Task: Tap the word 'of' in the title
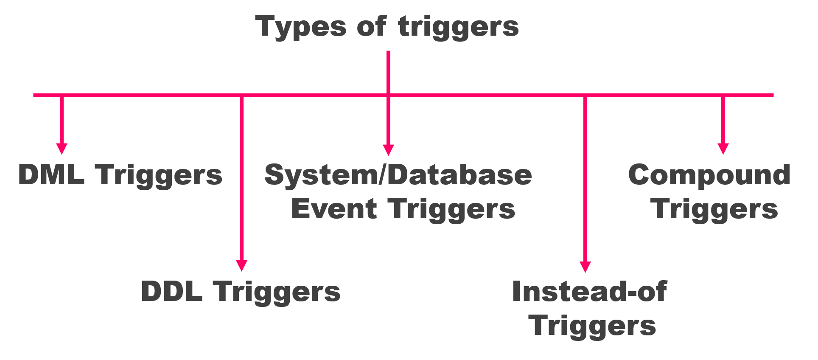pos(371,26)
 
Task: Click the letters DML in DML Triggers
pos(51,174)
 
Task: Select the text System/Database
pos(398,175)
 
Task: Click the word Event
pos(334,209)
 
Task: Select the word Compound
pos(709,175)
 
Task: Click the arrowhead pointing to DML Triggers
pos(62,149)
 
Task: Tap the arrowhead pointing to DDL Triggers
pos(241,265)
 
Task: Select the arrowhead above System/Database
pos(388,150)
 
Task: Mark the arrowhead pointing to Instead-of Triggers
pos(585,266)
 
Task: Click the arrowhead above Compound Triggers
pos(723,149)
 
